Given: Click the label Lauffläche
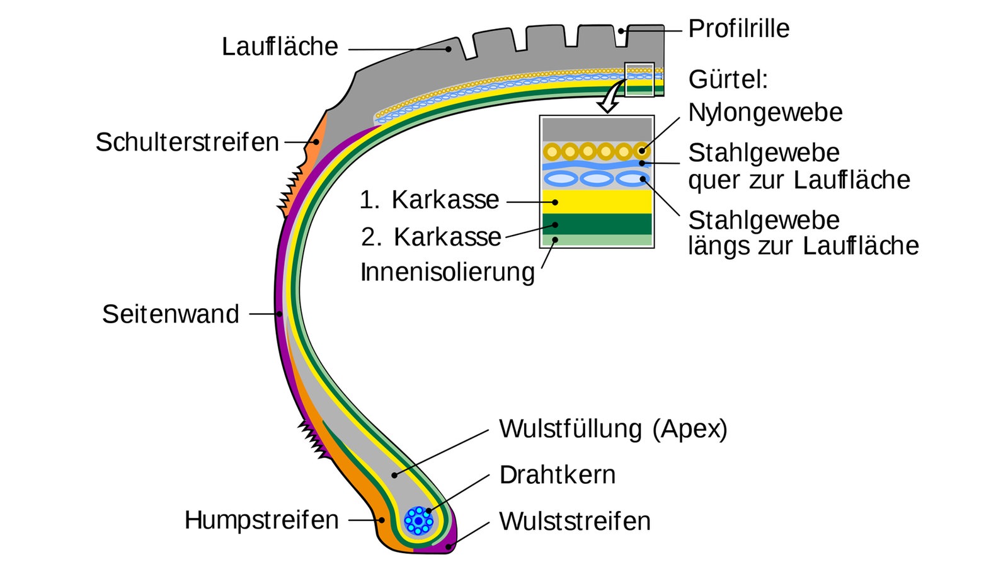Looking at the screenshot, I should pos(280,47).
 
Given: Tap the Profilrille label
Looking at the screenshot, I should pos(738,28).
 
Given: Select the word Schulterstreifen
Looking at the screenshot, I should pos(187,142).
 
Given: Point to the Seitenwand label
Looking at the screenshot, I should pos(171,314).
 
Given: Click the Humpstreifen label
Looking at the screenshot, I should pos(261,520).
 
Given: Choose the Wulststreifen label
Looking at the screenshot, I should pos(575,522).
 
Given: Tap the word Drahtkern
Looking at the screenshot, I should pos(557,475).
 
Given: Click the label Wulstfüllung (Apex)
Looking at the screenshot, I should pos(613,429).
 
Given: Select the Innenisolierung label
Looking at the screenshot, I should pos(447,272).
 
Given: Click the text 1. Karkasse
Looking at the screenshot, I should pos(429,200).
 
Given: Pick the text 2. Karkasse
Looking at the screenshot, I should pos(431,237).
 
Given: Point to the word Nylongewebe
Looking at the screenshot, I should pos(765,113).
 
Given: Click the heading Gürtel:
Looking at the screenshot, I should pos(728,80).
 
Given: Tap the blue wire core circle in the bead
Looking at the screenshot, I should pos(418,521).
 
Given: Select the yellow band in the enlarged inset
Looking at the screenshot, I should pos(597,202).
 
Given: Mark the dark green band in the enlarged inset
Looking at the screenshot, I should pos(597,224).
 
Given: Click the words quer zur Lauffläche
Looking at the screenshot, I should pos(799,180).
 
